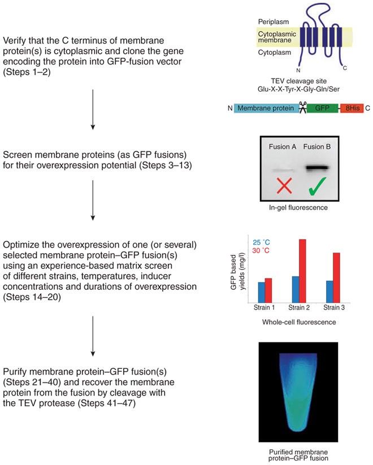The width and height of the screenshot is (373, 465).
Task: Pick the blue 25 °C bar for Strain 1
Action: point(262,292)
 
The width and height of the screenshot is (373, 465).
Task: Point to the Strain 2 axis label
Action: point(297,308)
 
